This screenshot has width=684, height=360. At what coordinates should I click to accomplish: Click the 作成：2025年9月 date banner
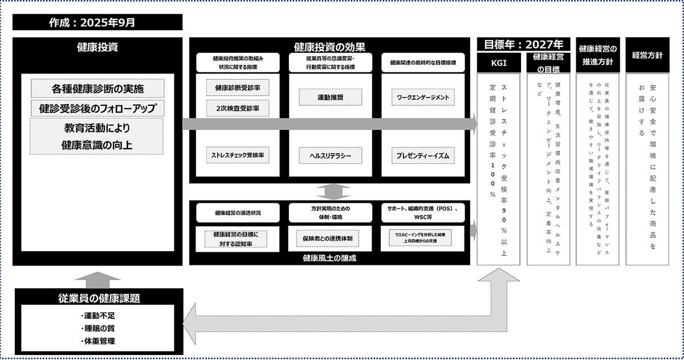click(97, 23)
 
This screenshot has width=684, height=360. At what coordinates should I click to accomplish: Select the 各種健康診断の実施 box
click(97, 89)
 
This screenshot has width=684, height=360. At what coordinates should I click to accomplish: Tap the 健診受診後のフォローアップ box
click(97, 108)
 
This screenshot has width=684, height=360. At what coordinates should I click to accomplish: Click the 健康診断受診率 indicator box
click(238, 88)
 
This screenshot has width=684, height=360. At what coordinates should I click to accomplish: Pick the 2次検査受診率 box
click(238, 108)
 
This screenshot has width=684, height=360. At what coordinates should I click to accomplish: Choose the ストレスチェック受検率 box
click(238, 154)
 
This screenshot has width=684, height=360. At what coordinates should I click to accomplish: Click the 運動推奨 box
click(330, 97)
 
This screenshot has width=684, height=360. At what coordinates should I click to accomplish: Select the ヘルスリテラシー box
click(330, 155)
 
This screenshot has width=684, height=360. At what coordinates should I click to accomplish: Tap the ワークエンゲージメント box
click(423, 97)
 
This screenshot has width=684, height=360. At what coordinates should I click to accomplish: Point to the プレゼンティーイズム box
click(423, 155)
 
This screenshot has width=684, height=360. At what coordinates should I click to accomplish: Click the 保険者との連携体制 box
click(330, 237)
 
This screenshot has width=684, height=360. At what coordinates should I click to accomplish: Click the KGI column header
click(499, 63)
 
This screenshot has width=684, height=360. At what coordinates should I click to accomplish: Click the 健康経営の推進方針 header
click(597, 55)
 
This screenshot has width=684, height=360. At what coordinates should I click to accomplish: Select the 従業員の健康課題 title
click(99, 297)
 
